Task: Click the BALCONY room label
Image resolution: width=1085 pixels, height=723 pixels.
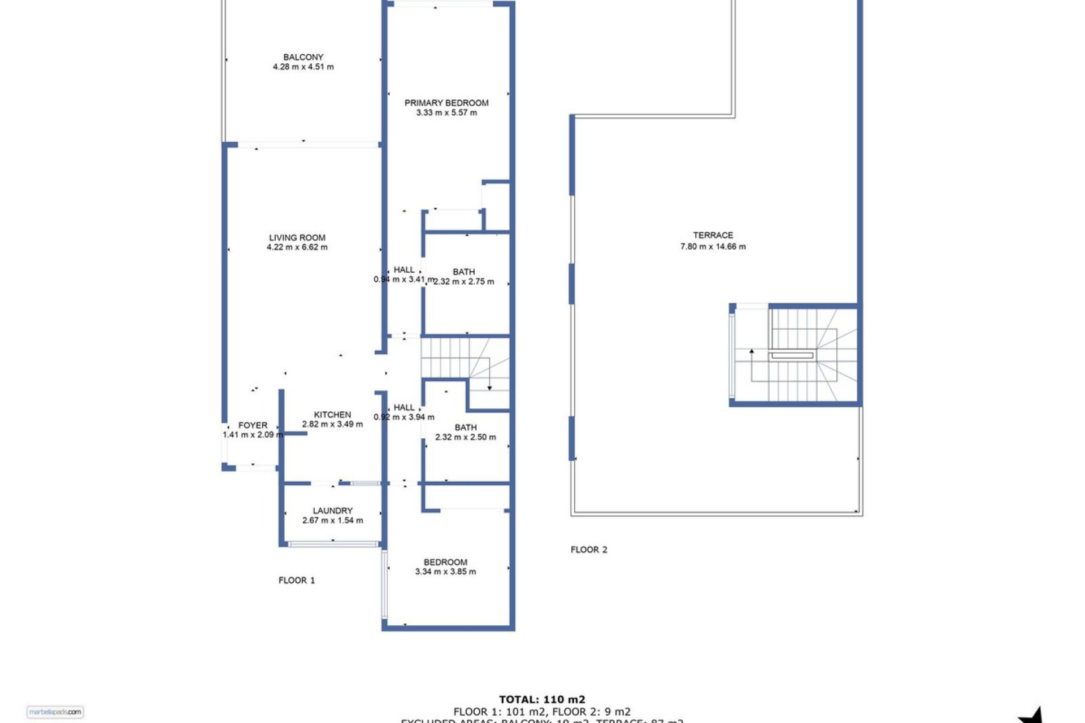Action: pos(303,57)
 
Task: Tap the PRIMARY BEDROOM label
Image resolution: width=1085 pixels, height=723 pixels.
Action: pos(446,103)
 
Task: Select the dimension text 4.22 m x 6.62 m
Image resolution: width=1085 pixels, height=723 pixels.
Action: pos(297,247)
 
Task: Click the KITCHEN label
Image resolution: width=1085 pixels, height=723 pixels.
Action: pos(332,415)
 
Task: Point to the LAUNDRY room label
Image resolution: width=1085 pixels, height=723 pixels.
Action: pos(332,511)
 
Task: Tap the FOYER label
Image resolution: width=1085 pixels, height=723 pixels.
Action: pos(253,425)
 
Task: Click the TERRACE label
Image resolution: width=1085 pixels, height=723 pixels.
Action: pos(713,236)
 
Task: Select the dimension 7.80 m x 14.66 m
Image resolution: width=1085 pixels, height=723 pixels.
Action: pos(713,247)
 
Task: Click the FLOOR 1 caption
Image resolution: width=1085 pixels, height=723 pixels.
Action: pos(296,580)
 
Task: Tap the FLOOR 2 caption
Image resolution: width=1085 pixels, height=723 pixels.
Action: pos(588,550)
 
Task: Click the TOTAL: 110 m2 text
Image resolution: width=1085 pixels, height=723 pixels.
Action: pos(541,700)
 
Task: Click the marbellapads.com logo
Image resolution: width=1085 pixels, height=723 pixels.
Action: pos(55,712)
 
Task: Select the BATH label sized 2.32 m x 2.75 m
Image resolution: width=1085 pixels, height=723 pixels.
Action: pos(463,272)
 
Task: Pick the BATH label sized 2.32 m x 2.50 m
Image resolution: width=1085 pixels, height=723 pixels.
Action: pos(465,428)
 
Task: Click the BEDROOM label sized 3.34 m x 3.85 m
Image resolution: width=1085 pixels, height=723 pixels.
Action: pos(445,562)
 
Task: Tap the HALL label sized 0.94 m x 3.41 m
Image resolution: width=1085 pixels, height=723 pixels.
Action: pos(403,270)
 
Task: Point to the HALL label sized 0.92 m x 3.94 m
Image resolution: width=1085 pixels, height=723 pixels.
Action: pos(403,407)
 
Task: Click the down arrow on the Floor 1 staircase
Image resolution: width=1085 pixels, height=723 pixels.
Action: pos(489,387)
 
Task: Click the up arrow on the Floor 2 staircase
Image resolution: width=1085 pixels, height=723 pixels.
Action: pos(752,352)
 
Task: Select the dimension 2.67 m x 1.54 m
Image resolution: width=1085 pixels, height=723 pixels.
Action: pos(332,521)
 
